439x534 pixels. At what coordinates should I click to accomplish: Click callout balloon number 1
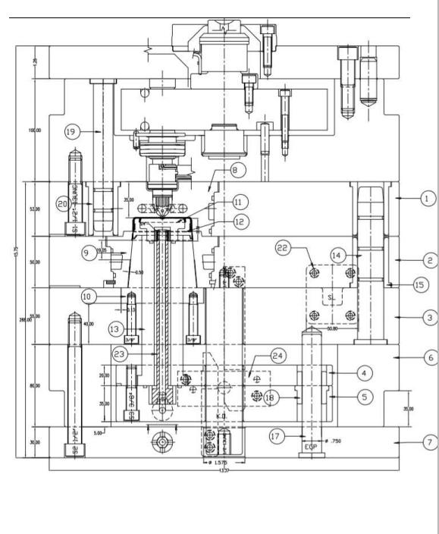(x=427, y=199)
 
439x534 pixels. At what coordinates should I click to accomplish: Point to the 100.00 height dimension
(x=34, y=130)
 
